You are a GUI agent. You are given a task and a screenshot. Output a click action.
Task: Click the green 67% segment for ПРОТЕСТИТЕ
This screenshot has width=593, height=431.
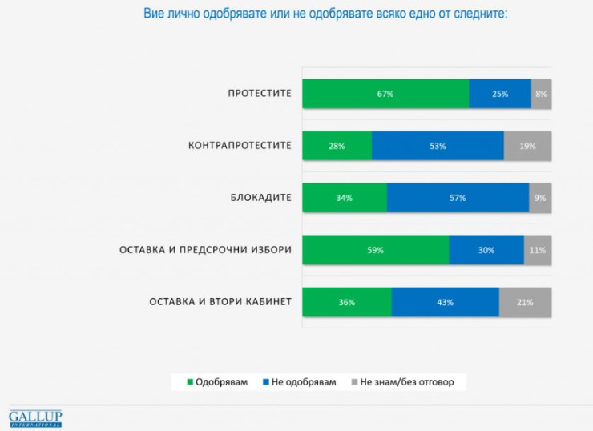pos(385,94)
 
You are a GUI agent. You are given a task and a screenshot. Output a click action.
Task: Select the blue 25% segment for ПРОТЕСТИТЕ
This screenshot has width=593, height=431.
pos(500,94)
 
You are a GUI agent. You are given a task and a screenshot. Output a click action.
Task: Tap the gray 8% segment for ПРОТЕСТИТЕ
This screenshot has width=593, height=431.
pos(541,94)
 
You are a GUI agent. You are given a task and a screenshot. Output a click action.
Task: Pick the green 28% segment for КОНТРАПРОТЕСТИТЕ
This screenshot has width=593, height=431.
pos(337,146)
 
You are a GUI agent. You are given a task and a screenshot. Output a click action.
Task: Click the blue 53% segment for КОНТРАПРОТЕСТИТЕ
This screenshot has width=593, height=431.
pos(438,146)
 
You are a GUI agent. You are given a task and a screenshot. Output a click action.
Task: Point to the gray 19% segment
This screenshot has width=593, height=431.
pos(527,146)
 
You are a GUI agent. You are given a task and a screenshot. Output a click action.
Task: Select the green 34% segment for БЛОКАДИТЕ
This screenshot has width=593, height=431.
pos(345,198)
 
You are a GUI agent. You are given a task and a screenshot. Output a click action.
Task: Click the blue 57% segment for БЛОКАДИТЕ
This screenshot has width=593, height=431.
pos(458,198)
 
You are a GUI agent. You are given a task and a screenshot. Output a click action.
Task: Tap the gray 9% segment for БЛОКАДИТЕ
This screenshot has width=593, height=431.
pos(540,198)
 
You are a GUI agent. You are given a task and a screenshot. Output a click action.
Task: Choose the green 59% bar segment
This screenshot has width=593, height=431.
pos(375,250)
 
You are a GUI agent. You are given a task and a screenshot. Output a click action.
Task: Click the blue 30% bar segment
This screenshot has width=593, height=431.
pos(486,250)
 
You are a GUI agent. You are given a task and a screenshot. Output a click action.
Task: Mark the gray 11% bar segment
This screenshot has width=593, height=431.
pos(537,250)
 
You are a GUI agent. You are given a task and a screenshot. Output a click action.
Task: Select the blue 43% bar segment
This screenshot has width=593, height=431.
pos(445,302)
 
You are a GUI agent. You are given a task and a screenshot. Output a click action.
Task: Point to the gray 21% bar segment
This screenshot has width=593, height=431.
pos(525,302)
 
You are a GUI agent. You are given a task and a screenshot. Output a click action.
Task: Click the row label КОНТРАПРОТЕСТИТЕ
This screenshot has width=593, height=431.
pos(240,146)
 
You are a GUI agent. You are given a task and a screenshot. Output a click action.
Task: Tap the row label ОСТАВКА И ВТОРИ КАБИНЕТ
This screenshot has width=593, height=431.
pos(220,302)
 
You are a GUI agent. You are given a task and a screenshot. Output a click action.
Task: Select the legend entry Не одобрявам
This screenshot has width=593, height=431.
pos(299,381)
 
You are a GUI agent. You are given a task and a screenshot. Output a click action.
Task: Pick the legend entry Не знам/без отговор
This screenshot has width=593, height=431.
pos(402,381)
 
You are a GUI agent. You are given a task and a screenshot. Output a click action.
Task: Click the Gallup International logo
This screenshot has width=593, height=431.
pos(35,418)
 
